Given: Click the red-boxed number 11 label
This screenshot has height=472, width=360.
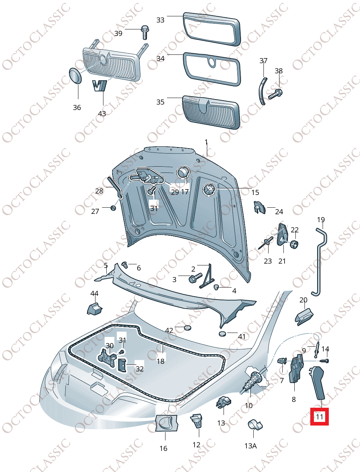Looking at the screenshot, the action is pyautogui.click(x=319, y=417).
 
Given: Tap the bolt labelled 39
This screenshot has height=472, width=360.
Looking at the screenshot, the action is pyautogui.click(x=145, y=32).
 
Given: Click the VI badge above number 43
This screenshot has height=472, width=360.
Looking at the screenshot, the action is pyautogui.click(x=99, y=86).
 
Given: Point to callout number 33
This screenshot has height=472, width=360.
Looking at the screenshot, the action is pyautogui.click(x=160, y=20).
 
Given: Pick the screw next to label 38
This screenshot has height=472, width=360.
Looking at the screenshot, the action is pyautogui.click(x=275, y=94).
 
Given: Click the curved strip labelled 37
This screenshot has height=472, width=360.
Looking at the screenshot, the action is pyautogui.click(x=263, y=91).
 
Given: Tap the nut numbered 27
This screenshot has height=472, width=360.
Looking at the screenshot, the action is pyautogui.click(x=113, y=208).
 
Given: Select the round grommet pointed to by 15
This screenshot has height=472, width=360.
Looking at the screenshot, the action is pyautogui.click(x=209, y=190).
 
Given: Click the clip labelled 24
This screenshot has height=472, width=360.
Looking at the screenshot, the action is pyautogui.click(x=260, y=207).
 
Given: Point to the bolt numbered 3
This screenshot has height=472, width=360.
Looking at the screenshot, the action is pyautogui.click(x=195, y=278).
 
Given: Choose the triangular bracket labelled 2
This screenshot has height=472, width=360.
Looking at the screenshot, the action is pyautogui.click(x=207, y=276).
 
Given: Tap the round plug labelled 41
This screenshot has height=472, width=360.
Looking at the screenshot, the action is pyautogui.click(x=222, y=334).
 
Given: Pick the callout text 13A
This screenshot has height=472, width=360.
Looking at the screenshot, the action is pyautogui.click(x=250, y=446).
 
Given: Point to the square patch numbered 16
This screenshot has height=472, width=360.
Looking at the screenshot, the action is pyautogui.click(x=166, y=423).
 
